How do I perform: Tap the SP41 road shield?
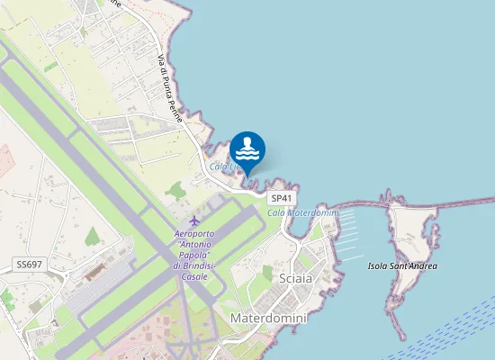click(282, 198)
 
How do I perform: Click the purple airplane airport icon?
click(194, 220)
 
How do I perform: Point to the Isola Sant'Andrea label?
click(402, 266)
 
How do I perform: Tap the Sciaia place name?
click(295, 278)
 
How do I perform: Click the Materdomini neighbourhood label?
click(269, 319)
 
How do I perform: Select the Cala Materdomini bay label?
click(301, 212)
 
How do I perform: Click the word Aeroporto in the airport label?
click(195, 235)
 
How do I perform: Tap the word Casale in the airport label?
click(195, 276)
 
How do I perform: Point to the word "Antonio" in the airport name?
click(195, 246)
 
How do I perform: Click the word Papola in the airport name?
click(189, 256)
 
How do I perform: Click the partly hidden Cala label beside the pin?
click(223, 166)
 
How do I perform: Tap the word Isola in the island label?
click(378, 266)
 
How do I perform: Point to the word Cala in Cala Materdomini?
click(275, 212)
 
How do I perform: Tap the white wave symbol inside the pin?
click(247, 148)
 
